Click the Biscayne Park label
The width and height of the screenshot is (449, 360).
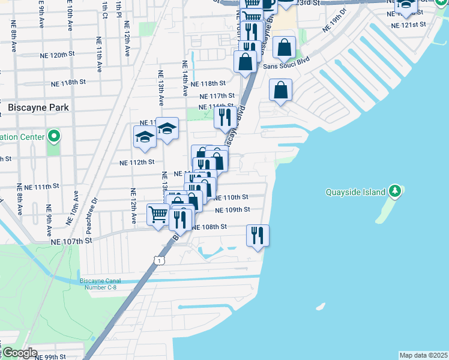pyautogui.click(x=38, y=107)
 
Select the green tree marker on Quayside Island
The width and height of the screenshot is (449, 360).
pyautogui.click(x=395, y=191)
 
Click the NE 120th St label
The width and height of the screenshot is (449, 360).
pyautogui.click(x=67, y=55)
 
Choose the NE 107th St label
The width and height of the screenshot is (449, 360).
pyautogui.click(x=73, y=241)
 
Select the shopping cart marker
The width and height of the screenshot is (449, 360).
pyautogui.click(x=157, y=214)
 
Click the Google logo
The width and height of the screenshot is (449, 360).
pyautogui.click(x=19, y=353)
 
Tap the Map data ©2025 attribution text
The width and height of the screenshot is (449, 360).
pyautogui.click(x=423, y=355)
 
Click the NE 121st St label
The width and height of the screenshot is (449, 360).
pyautogui.click(x=408, y=25)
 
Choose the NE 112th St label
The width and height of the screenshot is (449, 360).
pyautogui.click(x=137, y=162)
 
